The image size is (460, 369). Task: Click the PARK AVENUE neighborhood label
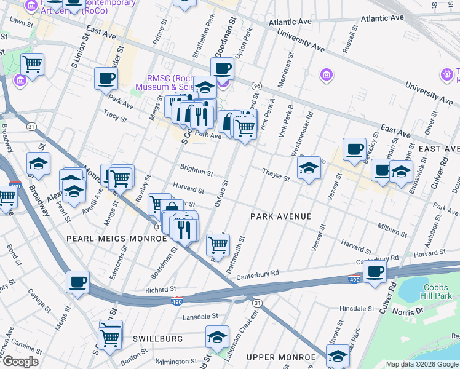coord(280,216)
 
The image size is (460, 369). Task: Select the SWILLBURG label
coord(157,339)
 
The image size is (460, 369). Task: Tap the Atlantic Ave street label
coord(290,22)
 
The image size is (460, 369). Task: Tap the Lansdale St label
coord(201,317)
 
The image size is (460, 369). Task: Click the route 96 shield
coord(256,85)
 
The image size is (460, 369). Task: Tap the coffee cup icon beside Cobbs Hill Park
coord(375,272)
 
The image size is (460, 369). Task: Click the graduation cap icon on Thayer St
coord(309,168)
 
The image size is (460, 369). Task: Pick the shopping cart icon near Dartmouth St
coord(218,244)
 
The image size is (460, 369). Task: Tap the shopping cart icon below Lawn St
coord(32,63)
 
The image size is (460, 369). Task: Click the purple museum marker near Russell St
coord(327,74)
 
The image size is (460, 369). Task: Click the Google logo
coord(20,362)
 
